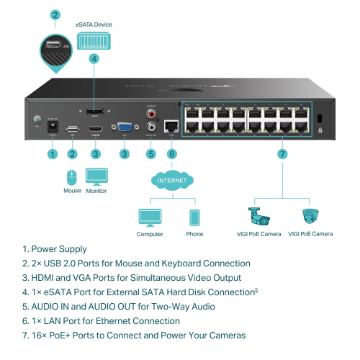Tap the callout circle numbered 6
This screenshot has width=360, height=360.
click(171, 153)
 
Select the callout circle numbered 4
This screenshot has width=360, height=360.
click(94, 59)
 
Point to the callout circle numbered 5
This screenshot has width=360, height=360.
click(150, 153)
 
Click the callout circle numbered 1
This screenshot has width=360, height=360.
click(52, 153)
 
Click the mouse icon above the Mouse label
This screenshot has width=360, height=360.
click(71, 176)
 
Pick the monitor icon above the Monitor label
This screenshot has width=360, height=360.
click(96, 176)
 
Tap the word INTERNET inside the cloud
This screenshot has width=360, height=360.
click(171, 180)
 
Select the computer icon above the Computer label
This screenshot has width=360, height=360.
click(150, 217)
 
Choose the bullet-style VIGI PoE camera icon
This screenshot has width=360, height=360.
click(258, 216)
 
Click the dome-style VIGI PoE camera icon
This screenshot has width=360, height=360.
click(310, 216)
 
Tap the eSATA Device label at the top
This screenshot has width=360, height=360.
click(94, 24)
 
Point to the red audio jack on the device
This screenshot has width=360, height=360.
click(151, 114)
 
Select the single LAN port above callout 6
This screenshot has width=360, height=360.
click(171, 125)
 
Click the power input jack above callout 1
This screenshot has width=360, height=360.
click(52, 129)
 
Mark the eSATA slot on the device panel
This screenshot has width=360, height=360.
click(94, 112)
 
